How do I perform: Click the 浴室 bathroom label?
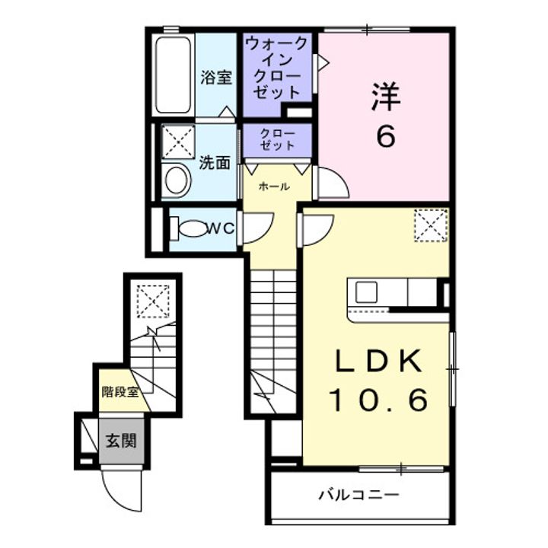(216, 77)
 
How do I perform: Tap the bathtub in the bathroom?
(174, 75)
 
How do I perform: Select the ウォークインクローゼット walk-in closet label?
(277, 68)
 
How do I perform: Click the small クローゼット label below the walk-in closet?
(278, 139)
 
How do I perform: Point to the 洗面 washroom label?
(215, 163)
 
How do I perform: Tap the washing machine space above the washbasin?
(178, 142)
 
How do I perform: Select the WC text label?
(221, 228)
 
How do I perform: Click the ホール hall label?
(274, 186)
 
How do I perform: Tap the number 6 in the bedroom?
(385, 136)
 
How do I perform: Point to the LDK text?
(378, 362)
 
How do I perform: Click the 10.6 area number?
(378, 400)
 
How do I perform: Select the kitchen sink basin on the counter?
(366, 292)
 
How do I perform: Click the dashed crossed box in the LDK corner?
(431, 225)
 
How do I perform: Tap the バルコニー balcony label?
(359, 495)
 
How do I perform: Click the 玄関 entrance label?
(121, 441)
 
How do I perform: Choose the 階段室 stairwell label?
(120, 392)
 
